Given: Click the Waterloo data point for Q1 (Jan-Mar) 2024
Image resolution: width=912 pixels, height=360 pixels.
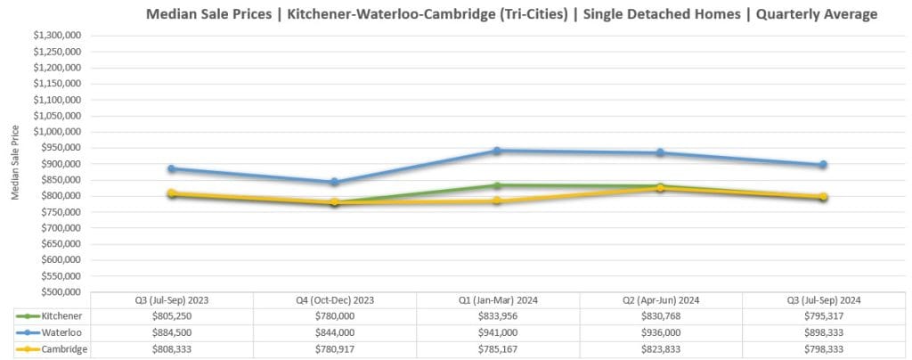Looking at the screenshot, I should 497,151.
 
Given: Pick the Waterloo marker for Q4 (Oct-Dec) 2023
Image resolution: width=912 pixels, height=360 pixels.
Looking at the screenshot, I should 334,182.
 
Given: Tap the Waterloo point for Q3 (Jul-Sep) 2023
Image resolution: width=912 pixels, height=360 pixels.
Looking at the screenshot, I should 171,168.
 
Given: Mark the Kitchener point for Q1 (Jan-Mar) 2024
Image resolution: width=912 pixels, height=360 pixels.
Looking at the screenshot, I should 497,185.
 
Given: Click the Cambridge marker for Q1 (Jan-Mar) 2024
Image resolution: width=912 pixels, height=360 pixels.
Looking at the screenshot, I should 497,200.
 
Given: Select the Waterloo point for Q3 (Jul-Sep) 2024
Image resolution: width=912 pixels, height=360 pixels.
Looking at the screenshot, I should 824,165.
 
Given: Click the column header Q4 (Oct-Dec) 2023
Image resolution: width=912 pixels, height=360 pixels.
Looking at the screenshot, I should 334,300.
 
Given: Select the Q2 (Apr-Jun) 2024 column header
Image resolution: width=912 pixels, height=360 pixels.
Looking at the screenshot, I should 660,300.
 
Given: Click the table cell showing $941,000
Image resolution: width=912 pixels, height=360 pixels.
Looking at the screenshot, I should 497,332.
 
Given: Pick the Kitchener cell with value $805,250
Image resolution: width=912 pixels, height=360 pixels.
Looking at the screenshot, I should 171,316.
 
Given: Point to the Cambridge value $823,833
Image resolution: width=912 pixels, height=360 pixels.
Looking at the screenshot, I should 660,348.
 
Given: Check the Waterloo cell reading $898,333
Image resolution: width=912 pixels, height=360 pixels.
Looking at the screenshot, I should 824,332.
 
